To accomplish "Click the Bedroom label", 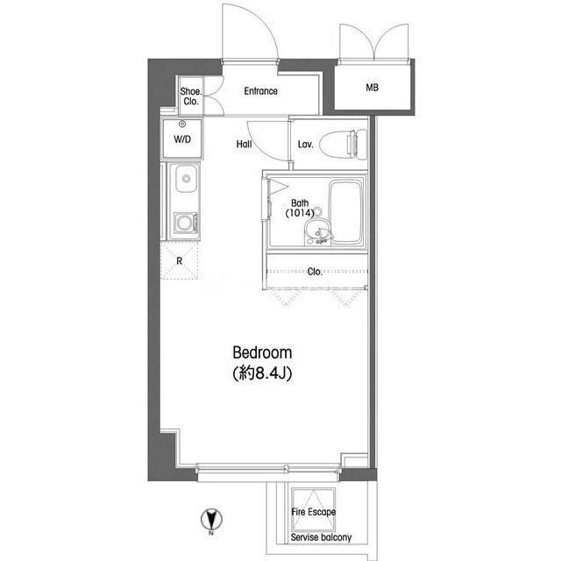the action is (x=262, y=352).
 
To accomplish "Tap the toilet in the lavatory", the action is (x=343, y=145).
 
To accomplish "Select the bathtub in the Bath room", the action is (x=345, y=212).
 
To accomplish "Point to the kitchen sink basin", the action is (x=186, y=179).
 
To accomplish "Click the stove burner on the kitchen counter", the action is (x=185, y=224).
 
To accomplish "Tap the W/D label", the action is (x=182, y=139).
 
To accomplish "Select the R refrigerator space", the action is (x=179, y=260).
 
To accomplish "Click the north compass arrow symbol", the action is (x=211, y=519).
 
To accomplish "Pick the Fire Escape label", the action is (x=314, y=512).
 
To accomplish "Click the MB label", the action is (x=372, y=88).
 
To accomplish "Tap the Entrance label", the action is (x=261, y=91).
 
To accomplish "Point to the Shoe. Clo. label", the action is (x=191, y=96).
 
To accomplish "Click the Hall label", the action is (x=244, y=144).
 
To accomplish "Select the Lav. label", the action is (x=306, y=144).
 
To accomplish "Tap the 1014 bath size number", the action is (x=300, y=213).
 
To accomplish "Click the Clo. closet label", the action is (x=315, y=272).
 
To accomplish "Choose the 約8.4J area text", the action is (x=262, y=373).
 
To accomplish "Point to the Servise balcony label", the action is (x=321, y=537).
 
